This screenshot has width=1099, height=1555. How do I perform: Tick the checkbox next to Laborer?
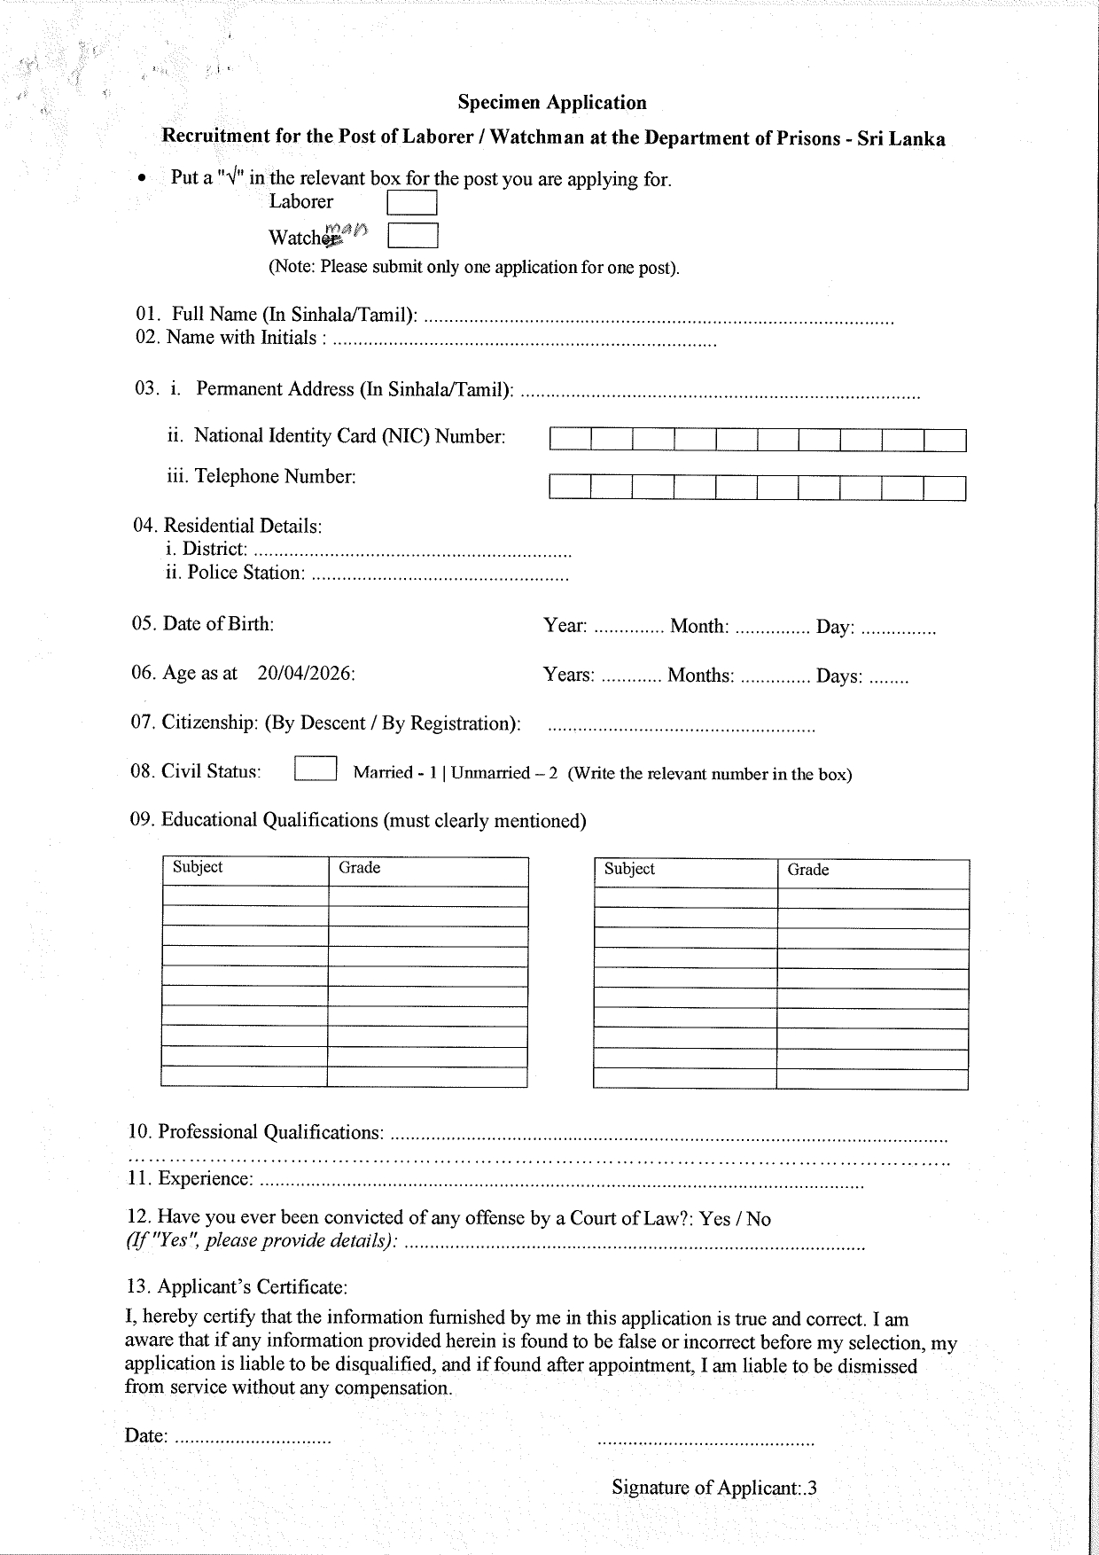click(x=412, y=204)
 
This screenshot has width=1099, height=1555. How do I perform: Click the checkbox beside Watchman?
click(x=413, y=236)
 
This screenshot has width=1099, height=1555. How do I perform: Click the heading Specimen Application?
click(x=552, y=103)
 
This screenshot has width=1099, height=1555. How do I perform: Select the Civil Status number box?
click(x=315, y=769)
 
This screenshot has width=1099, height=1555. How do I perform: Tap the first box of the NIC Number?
click(x=570, y=440)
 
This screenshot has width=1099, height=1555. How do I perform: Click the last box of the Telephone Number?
click(x=945, y=488)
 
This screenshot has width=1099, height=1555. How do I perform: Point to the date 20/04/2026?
click(x=306, y=674)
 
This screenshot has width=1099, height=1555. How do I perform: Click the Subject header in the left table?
click(x=198, y=867)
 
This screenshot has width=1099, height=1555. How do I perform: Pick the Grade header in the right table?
click(x=808, y=871)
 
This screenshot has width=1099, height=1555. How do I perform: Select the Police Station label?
click(x=245, y=574)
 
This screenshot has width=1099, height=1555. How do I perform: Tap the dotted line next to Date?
click(x=253, y=1437)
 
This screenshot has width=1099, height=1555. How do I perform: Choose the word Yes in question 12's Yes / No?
click(x=714, y=1220)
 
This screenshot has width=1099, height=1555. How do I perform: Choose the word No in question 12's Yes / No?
click(x=759, y=1220)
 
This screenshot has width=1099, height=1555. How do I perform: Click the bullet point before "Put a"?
click(x=142, y=179)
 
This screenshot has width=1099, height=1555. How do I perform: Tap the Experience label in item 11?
click(x=206, y=1179)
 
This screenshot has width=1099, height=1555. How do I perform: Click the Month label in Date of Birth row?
click(x=699, y=628)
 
